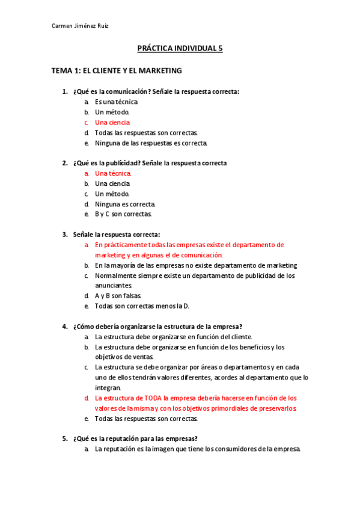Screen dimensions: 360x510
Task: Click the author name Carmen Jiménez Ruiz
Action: [x=81, y=26]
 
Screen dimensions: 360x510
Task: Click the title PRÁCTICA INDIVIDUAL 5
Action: [x=180, y=49]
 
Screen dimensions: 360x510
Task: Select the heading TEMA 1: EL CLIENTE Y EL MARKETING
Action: [x=117, y=70]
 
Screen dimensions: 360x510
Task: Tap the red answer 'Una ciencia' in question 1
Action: [x=112, y=122]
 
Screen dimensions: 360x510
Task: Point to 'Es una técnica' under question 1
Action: [x=116, y=102]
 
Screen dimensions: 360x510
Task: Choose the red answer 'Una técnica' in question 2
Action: [x=112, y=173]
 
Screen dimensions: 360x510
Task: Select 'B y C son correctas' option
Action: [x=123, y=214]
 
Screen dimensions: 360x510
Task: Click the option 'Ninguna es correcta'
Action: [x=125, y=204]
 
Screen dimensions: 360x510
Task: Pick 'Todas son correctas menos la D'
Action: [x=142, y=306]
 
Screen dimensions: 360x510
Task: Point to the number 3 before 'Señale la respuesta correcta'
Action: [x=64, y=235]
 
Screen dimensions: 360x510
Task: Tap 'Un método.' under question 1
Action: [x=112, y=112]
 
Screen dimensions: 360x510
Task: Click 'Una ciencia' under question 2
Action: [x=112, y=183]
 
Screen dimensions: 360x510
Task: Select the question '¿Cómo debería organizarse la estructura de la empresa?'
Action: [x=157, y=327]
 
